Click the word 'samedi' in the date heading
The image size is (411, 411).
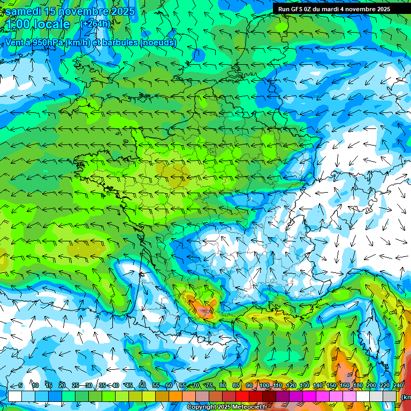tap(24, 11)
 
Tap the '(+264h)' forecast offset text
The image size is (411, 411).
tap(95, 24)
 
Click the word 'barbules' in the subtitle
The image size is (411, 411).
tap(117, 43)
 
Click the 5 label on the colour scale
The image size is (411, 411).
tap(20, 385)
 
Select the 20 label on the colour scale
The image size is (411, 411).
tap(62, 385)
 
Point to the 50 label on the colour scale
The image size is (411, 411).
tap(142, 385)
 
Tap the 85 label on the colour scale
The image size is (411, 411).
tap(236, 385)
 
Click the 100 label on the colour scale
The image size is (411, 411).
tap(264, 385)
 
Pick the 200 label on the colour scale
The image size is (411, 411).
tap(371, 385)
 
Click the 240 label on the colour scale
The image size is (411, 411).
tap(398, 385)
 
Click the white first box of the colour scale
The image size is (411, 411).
tap(15, 396)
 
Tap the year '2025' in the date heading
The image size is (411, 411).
tap(120, 11)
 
